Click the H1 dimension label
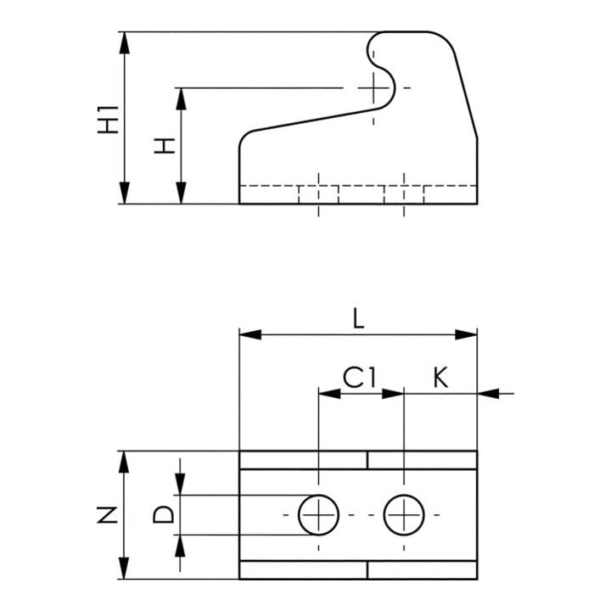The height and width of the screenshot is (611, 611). [x=108, y=120]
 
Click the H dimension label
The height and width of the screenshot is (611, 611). [x=165, y=145]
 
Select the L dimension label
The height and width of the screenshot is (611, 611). [x=358, y=319]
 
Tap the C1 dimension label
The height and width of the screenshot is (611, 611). [x=360, y=378]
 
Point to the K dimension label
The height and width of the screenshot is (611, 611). [x=440, y=378]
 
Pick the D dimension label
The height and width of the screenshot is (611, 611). [x=163, y=514]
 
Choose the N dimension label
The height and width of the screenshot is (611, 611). [x=108, y=514]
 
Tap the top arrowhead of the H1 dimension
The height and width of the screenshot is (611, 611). [x=124, y=42]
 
